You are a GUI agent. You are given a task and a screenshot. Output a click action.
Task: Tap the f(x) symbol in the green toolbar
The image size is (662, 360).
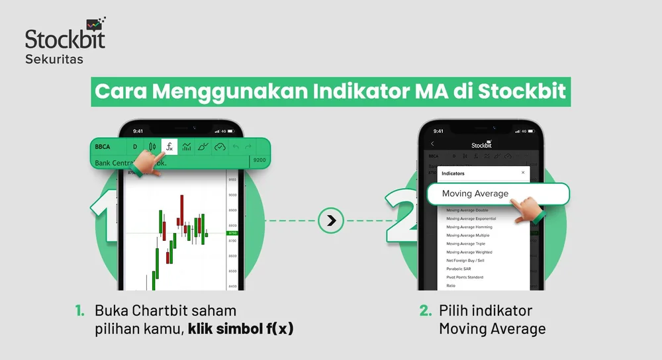click(169, 146)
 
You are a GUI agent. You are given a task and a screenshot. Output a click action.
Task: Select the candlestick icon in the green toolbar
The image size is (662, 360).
click(152, 146)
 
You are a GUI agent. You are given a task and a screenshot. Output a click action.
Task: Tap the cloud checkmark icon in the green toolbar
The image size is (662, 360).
click(220, 146)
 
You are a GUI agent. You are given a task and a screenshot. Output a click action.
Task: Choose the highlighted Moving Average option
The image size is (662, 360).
click(475, 193)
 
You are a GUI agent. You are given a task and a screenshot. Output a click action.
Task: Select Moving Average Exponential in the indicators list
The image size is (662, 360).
click(471, 218)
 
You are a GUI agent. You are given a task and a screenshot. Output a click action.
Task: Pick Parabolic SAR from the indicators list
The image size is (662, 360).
click(459, 269)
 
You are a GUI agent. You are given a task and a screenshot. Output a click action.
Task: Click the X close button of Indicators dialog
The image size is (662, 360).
click(522, 173)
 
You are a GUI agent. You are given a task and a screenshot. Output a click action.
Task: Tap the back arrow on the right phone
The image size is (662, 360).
click(432, 144)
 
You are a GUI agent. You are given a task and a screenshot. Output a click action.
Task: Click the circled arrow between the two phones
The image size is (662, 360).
click(331, 221)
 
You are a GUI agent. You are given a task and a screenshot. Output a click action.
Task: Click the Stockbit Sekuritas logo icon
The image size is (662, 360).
click(95, 24)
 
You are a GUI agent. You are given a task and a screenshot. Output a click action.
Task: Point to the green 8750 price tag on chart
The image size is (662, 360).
click(232, 234)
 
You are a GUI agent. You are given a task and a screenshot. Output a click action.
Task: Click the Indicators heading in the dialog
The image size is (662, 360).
click(453, 173)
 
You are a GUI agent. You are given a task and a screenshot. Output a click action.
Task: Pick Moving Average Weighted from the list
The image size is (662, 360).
click(469, 252)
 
